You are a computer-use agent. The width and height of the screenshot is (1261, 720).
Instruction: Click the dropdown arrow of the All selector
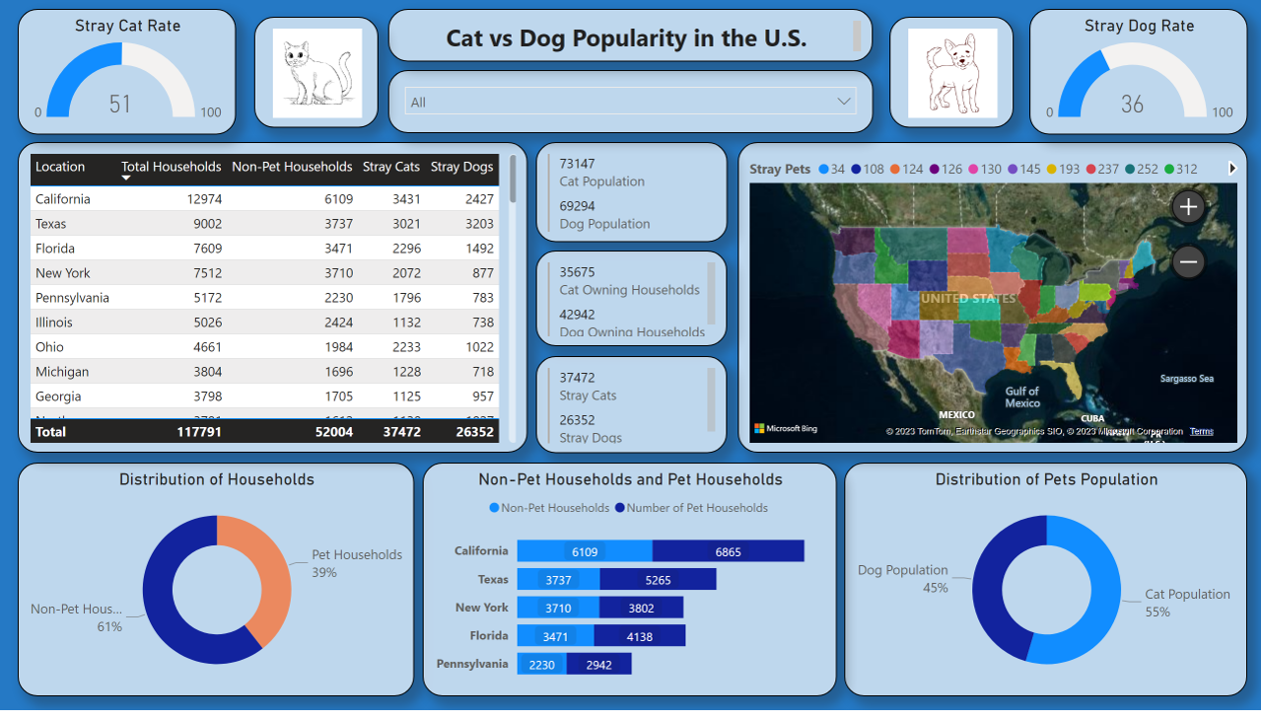click(x=843, y=101)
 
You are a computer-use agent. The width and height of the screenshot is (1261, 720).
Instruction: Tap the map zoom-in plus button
click(x=1187, y=207)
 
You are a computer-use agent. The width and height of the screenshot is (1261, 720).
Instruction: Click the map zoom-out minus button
click(x=1187, y=262)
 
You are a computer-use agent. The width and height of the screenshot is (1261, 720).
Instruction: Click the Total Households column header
click(x=171, y=167)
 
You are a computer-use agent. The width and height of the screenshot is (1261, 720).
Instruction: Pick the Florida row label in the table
click(x=55, y=248)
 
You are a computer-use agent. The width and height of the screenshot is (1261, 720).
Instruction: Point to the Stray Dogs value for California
click(x=479, y=199)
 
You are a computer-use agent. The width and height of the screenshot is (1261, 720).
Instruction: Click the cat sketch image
click(x=317, y=72)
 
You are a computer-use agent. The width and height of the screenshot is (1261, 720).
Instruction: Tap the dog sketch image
click(x=951, y=72)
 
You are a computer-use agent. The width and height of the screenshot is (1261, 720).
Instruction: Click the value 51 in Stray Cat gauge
click(x=120, y=103)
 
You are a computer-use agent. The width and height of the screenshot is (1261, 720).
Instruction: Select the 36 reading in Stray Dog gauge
click(x=1132, y=103)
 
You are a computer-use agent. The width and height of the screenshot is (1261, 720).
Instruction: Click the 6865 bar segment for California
click(x=728, y=551)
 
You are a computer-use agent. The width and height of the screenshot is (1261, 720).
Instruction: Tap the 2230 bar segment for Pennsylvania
click(x=542, y=664)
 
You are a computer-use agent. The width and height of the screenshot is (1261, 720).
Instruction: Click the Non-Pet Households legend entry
click(x=550, y=508)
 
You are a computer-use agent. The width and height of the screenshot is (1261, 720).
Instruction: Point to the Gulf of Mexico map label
click(x=1022, y=397)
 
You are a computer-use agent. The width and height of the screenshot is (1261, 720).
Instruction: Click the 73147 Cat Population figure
click(x=578, y=164)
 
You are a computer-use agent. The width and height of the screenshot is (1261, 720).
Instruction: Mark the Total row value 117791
click(x=199, y=432)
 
